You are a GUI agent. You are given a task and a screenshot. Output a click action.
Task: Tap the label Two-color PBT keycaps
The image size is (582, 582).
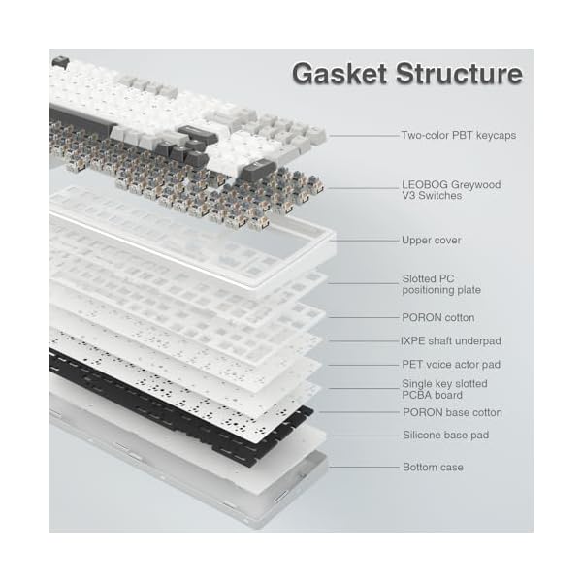coord(459,136)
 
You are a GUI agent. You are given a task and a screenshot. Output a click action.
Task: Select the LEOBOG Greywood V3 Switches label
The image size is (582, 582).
coord(444,188)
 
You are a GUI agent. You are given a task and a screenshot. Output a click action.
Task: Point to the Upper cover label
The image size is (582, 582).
coord(432,240)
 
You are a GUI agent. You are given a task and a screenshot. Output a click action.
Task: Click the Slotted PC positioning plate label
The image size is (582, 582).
coord(441,284)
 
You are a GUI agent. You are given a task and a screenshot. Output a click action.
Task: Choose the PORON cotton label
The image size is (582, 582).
coord(438,317)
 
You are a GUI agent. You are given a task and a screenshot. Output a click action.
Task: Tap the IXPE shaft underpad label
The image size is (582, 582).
coord(452,341)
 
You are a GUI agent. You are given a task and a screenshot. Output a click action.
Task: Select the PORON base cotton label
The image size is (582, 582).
coord(452,413)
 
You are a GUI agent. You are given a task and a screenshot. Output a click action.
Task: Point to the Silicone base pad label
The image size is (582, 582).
coord(446,436)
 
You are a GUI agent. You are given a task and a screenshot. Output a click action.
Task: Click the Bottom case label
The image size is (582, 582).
coord(433,468)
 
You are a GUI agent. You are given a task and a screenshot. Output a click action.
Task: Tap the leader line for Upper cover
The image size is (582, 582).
coord(364,240)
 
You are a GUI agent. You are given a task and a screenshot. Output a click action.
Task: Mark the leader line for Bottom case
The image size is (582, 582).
coord(364,468)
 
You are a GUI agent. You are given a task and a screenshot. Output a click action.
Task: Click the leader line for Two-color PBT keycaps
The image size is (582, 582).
coord(364,136)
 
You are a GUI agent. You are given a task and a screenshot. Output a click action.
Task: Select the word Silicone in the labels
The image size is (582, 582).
coord(422,436)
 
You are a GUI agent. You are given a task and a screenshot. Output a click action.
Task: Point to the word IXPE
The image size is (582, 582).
coord(414,341)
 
